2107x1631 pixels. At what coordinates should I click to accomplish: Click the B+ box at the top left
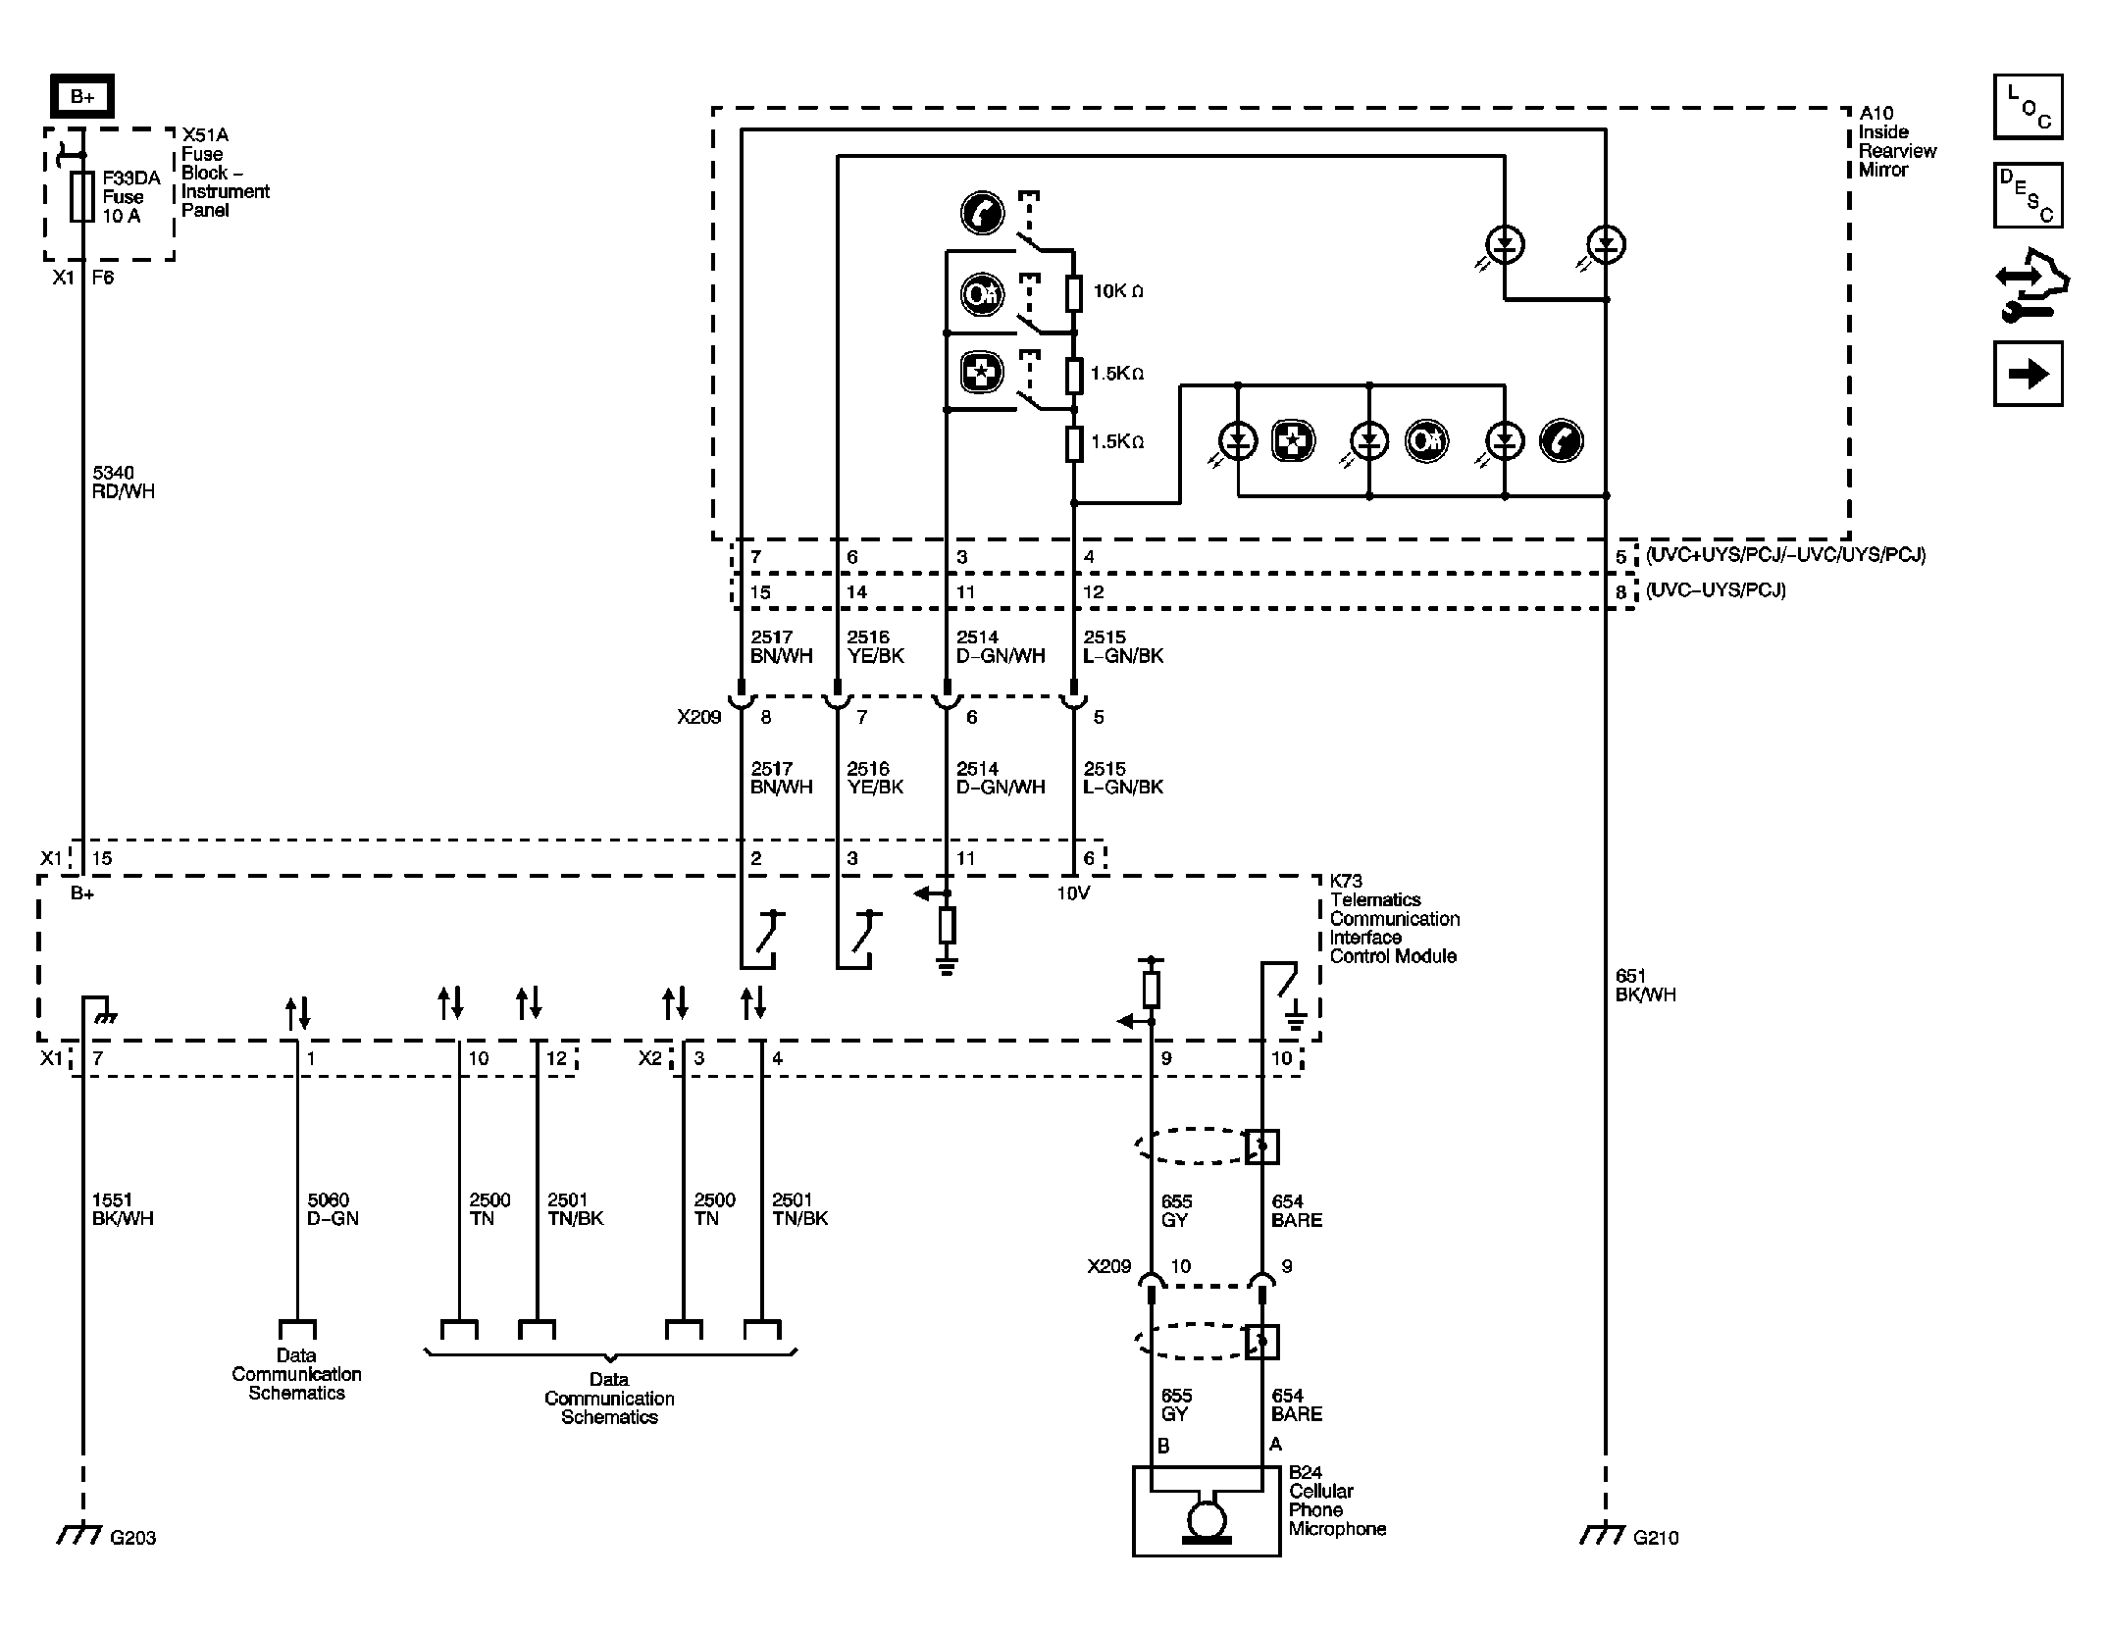(82, 97)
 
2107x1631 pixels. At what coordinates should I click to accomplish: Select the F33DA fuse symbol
(83, 196)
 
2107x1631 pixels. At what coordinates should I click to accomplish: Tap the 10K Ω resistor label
(1118, 291)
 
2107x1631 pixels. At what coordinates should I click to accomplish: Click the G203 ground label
(132, 1538)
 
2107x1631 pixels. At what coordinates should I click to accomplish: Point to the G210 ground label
(1656, 1538)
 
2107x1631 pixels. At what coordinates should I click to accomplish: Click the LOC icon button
(2028, 107)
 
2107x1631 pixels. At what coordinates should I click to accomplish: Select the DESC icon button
(2028, 195)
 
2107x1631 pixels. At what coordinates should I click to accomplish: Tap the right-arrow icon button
(2028, 374)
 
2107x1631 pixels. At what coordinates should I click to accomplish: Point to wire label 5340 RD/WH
(123, 483)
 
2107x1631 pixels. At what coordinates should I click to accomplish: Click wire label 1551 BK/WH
(123, 1209)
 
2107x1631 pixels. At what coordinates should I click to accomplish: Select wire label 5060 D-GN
(334, 1209)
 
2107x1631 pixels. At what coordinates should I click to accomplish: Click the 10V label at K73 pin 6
(1073, 893)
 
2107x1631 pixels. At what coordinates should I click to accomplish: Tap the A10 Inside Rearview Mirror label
(1897, 141)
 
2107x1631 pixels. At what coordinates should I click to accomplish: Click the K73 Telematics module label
(1393, 919)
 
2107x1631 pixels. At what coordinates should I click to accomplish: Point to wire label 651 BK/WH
(1645, 985)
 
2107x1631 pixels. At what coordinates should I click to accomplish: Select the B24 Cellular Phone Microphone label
(1336, 1501)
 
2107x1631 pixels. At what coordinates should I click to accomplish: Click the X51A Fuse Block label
(224, 173)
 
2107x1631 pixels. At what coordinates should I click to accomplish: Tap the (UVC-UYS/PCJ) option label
(1716, 590)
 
